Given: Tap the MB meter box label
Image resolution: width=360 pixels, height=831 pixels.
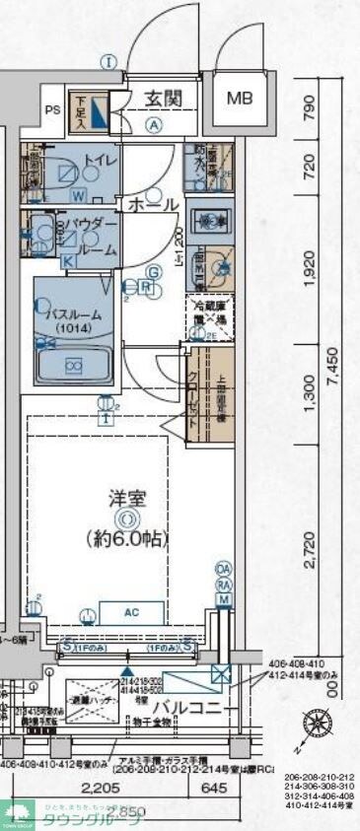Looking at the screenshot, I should click(240, 99).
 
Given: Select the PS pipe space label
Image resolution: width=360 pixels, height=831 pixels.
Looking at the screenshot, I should click(52, 110).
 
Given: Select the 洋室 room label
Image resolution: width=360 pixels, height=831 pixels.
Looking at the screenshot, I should click(127, 496).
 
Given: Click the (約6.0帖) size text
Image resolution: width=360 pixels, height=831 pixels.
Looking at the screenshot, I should click(127, 539).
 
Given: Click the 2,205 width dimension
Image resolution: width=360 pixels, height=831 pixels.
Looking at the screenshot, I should click(103, 788).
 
